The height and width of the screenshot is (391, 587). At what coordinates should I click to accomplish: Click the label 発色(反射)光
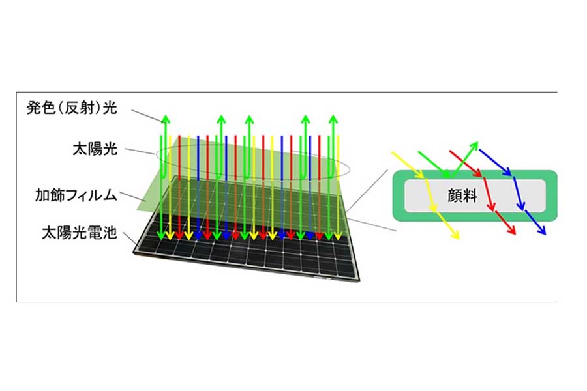pyautogui.click(x=72, y=108)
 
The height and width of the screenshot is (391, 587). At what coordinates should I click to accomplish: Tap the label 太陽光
pyautogui.click(x=95, y=149)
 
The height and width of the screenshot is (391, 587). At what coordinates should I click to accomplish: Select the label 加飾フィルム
pyautogui.click(x=76, y=195)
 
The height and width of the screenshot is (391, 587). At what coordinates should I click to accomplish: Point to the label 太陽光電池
pyautogui.click(x=80, y=233)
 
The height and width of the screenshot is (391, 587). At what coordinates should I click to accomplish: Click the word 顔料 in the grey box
pyautogui.click(x=462, y=195)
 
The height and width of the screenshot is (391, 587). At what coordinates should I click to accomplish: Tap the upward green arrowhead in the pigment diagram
pyautogui.click(x=475, y=145)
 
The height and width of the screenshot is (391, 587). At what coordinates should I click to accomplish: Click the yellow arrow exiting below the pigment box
pyautogui.click(x=446, y=224)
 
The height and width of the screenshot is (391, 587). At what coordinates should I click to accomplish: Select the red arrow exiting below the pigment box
pyautogui.click(x=505, y=223)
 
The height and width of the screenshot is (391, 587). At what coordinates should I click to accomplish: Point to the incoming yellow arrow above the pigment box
pyautogui.click(x=408, y=165)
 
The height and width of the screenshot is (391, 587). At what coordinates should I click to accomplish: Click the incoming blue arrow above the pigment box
pyautogui.click(x=495, y=162)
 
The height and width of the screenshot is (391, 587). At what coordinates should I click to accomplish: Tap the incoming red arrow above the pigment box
pyautogui.click(x=465, y=164)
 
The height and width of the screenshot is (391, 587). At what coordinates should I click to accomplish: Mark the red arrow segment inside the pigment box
pyautogui.click(x=490, y=194)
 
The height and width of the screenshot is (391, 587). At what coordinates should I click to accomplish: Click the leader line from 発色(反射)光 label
pyautogui.click(x=147, y=116)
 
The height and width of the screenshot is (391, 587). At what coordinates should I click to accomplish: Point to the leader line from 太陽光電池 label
pyautogui.click(x=130, y=239)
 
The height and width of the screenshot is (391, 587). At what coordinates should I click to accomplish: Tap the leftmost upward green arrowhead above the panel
pyautogui.click(x=166, y=120)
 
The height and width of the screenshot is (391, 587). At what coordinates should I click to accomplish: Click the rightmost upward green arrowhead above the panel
pyautogui.click(x=333, y=120)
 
